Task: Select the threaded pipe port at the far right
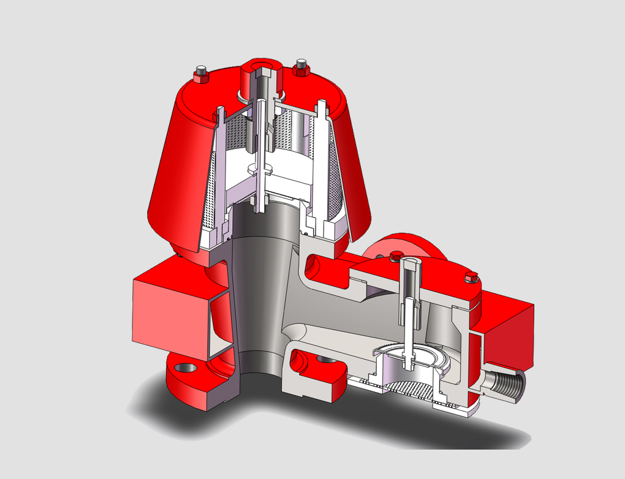point(506,385)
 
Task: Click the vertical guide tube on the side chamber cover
point(409,288)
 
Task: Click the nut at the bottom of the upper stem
point(259,203)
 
